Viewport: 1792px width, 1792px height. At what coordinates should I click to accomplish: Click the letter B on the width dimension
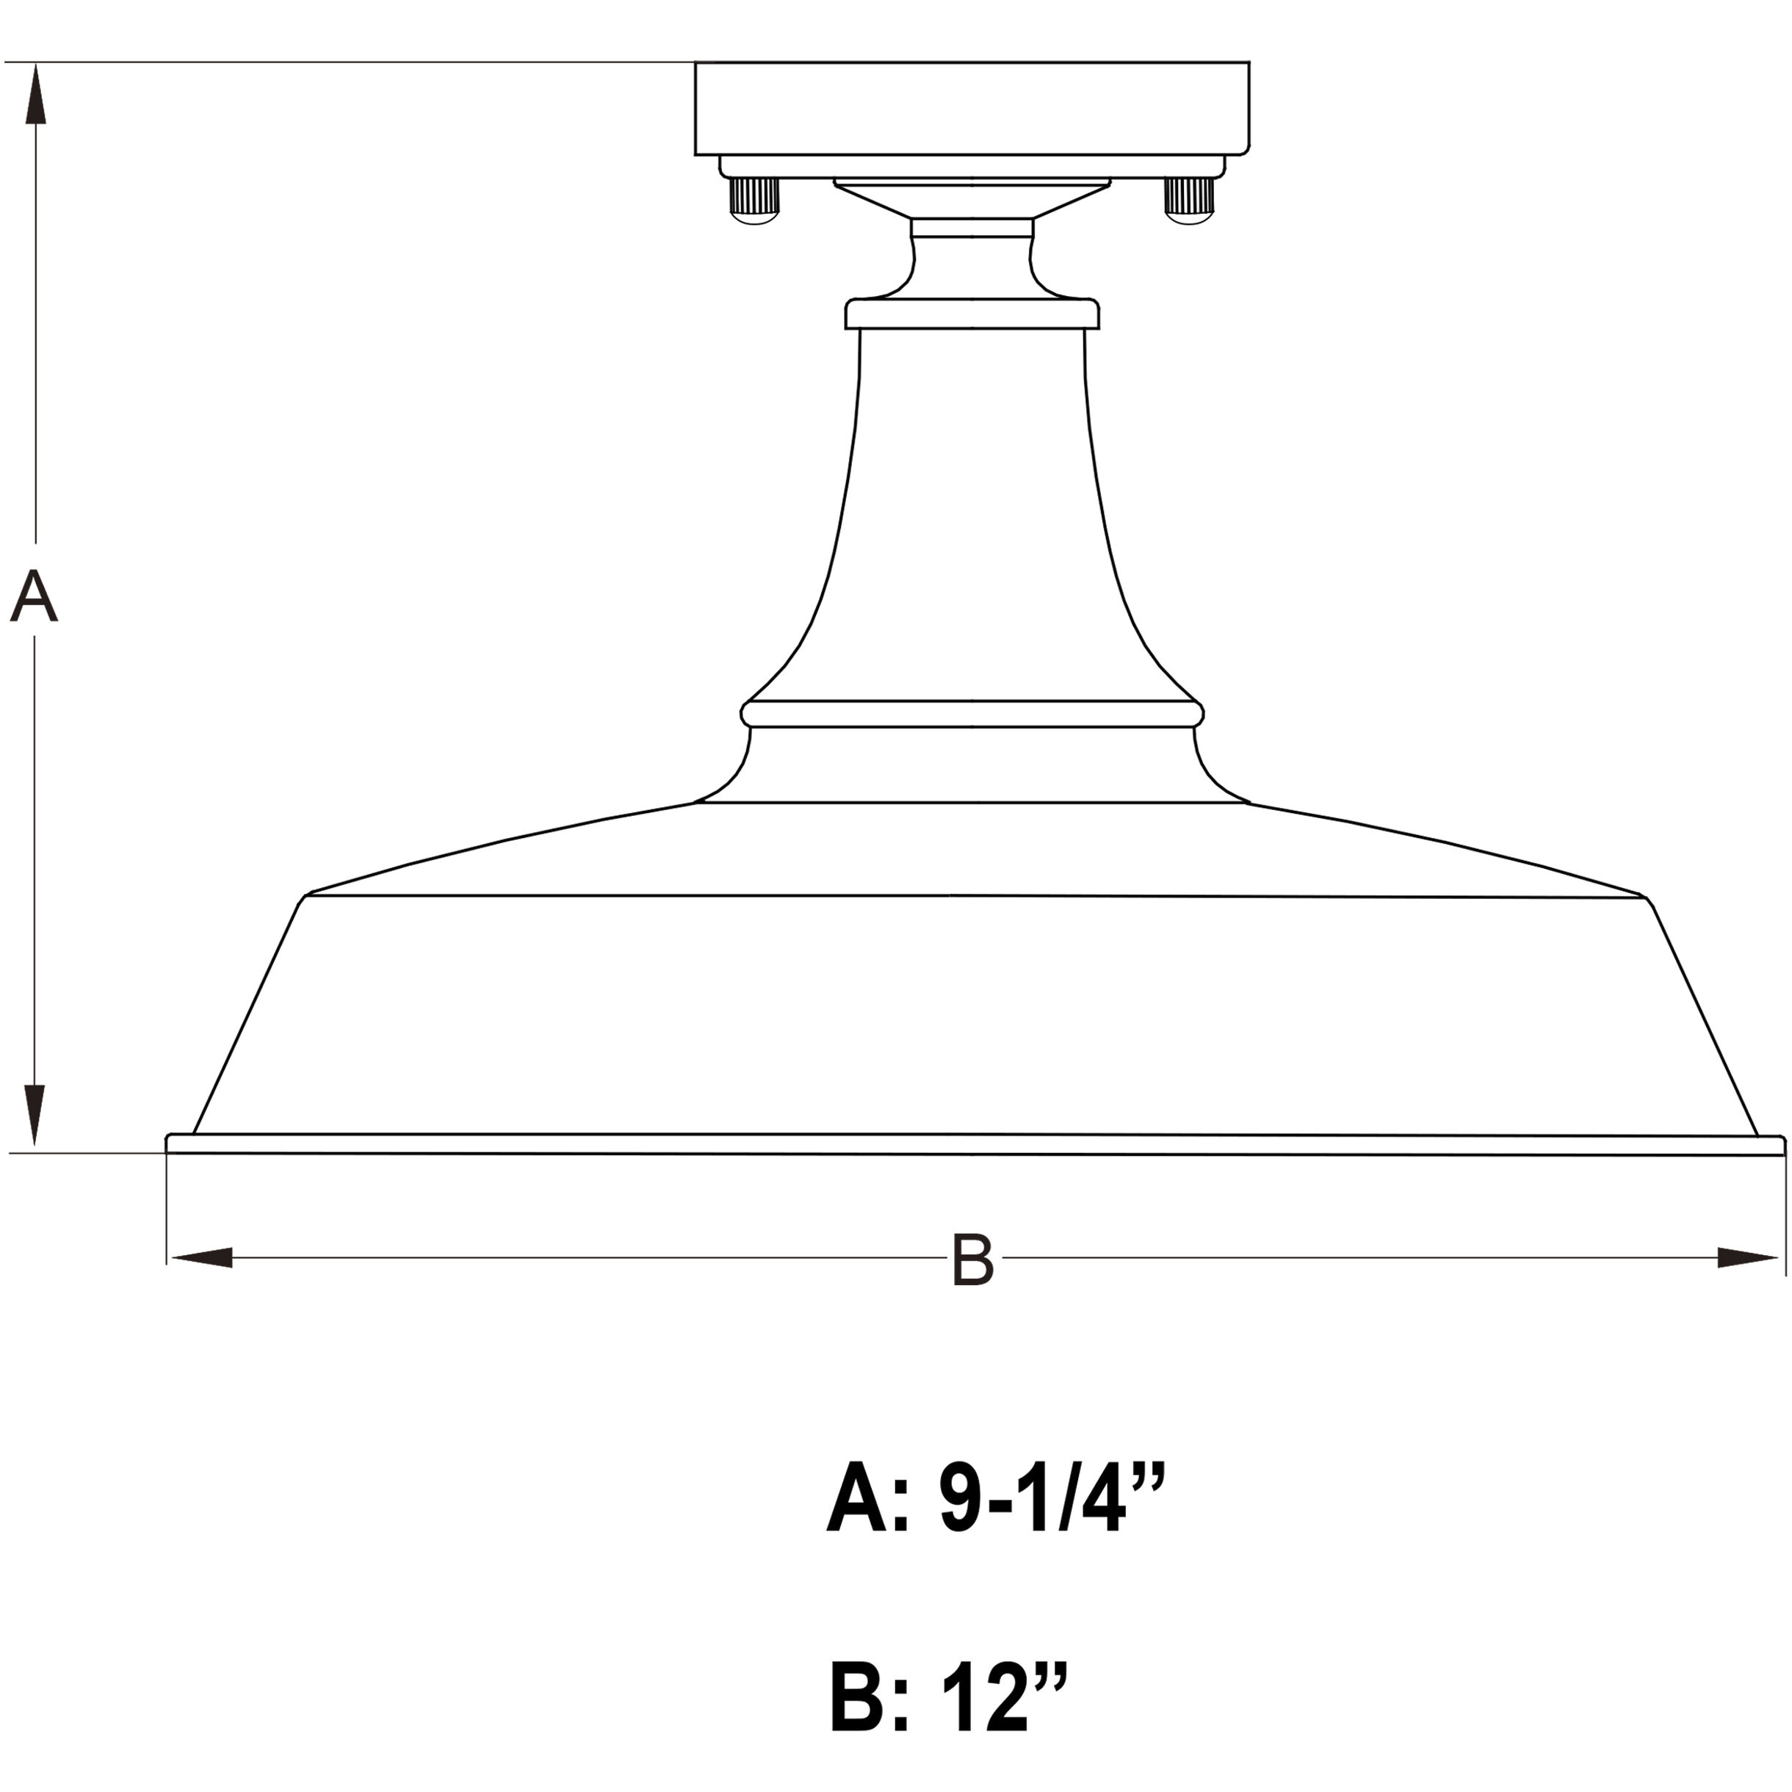(972, 1260)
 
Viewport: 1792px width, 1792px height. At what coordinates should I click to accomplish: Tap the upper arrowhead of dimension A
(35, 93)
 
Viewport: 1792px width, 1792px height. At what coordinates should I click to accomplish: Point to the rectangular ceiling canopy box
(972, 109)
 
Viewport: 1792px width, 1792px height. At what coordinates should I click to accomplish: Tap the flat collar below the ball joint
(972, 314)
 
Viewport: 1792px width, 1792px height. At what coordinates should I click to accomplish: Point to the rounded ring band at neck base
(972, 713)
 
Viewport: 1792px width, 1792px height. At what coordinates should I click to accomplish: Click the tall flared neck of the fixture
(972, 519)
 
